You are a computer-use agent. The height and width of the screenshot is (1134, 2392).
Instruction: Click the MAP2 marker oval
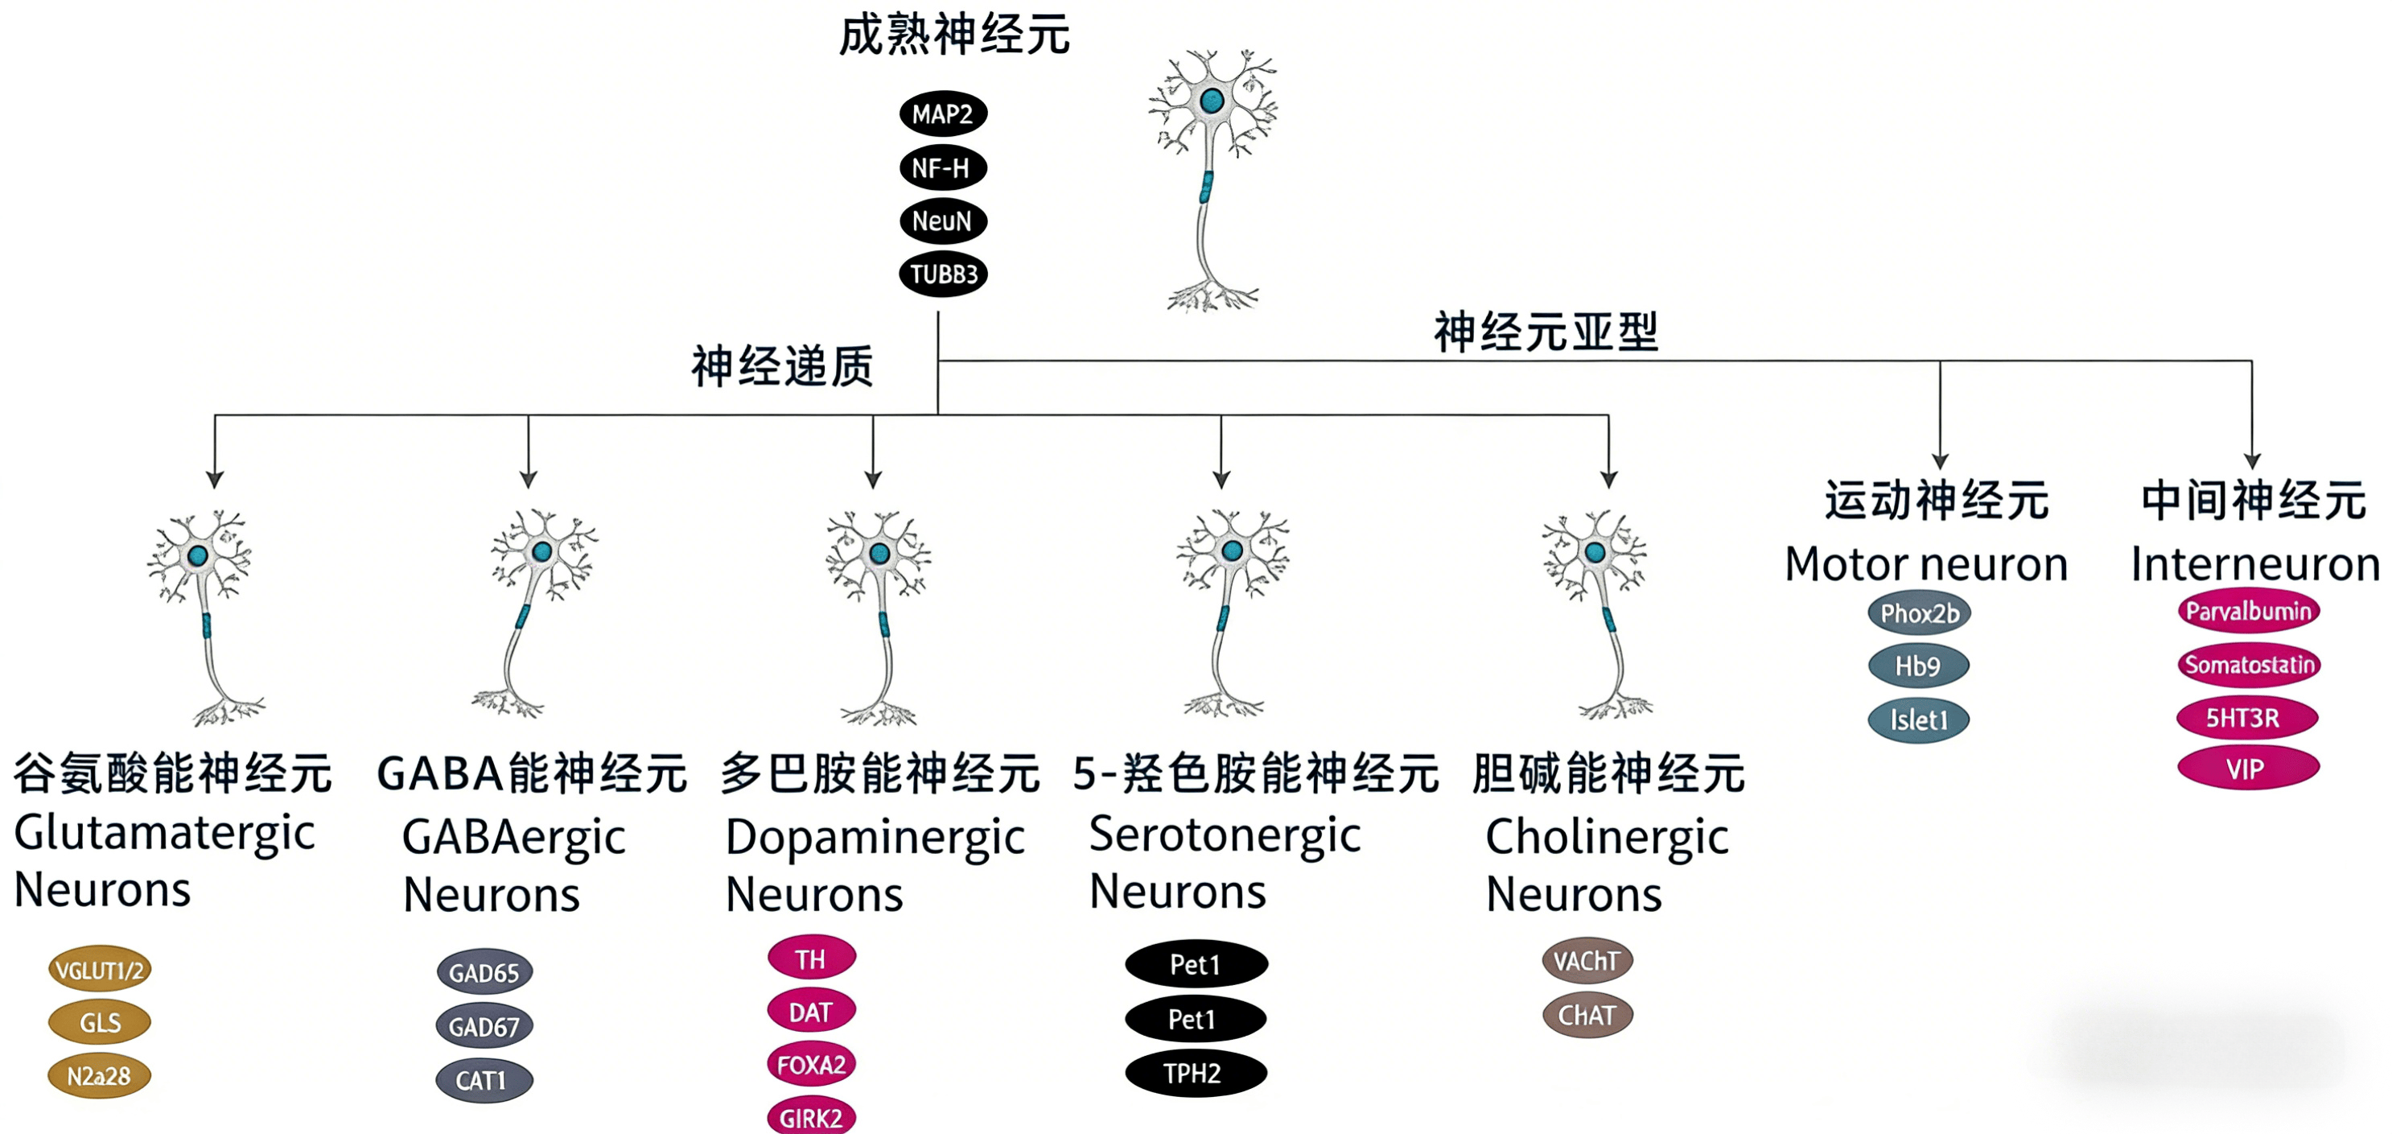point(942,114)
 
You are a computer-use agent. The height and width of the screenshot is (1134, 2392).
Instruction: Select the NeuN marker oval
point(942,221)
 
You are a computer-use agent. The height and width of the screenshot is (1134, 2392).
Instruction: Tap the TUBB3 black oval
point(942,274)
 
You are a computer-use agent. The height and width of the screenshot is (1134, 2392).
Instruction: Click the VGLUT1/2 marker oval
point(99,971)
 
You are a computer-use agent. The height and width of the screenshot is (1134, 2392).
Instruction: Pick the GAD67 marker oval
point(484,1026)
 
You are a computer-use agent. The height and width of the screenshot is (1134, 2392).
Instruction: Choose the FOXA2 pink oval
point(811,1064)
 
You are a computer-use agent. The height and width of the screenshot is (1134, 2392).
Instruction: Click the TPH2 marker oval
point(1195,1074)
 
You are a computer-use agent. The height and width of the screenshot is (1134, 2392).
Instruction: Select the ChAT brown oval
point(1587,1015)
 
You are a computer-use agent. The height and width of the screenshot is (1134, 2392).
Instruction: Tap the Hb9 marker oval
point(1918,666)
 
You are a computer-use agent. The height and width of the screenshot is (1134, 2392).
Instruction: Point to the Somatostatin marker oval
point(2248,664)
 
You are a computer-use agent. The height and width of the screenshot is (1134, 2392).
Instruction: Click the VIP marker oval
point(2247,769)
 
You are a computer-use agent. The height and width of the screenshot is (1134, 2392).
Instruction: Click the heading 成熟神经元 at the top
point(953,35)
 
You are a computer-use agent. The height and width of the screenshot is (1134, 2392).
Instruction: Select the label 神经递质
point(782,366)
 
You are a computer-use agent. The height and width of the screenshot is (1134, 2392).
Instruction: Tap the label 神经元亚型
point(1546,332)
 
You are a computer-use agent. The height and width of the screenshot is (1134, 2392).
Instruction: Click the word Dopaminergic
point(875,838)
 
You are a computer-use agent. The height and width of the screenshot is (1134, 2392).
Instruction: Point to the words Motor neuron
point(1926,563)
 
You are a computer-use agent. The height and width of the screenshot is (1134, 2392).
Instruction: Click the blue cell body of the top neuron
point(1211,101)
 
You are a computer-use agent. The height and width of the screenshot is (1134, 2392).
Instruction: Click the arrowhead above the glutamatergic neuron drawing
point(216,479)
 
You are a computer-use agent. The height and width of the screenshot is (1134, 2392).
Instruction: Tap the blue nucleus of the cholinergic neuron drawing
point(1595,553)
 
